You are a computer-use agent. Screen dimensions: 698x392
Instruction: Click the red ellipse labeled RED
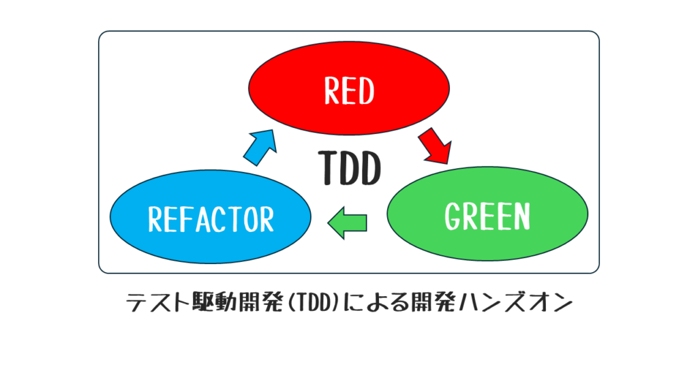click(x=348, y=88)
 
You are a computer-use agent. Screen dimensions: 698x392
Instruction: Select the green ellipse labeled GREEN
click(x=487, y=213)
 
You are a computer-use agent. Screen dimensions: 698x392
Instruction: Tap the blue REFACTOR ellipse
click(x=211, y=216)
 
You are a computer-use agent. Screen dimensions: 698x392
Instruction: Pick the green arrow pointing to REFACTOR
click(x=347, y=223)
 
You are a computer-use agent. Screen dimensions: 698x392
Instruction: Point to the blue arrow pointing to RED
click(x=260, y=147)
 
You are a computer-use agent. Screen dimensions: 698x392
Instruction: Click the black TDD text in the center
click(x=350, y=167)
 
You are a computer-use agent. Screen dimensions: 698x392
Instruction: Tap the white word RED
click(x=349, y=91)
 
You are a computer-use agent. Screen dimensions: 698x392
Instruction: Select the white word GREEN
click(x=487, y=216)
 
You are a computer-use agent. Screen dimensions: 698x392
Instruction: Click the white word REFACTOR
click(x=211, y=219)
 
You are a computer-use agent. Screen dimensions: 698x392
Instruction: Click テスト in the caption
click(x=158, y=303)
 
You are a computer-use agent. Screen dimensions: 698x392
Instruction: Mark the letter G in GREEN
click(x=453, y=216)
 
